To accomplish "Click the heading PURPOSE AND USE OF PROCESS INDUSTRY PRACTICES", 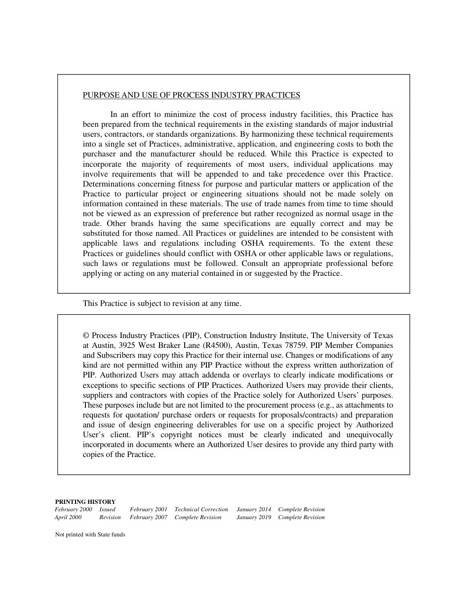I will [191, 95].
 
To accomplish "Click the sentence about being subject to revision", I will [162, 303].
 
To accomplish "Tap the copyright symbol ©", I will [86, 336].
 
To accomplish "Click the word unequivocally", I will [369, 435].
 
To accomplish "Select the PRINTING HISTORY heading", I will [85, 501].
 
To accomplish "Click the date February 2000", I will [73, 509].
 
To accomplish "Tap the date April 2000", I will [68, 517].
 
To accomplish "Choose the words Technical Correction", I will [201, 509].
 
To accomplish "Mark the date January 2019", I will [254, 517].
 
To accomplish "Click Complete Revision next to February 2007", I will [198, 517].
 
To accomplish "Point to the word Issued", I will [107, 509].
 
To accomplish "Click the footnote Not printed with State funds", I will [90, 534].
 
